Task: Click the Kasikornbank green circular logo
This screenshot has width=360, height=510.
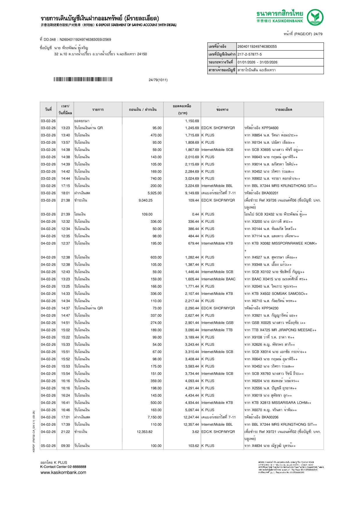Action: (x=315, y=17)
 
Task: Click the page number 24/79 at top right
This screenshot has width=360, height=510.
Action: (x=318, y=34)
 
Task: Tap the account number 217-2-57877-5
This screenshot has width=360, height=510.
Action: (x=250, y=54)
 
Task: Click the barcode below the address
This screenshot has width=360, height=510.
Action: (x=83, y=79)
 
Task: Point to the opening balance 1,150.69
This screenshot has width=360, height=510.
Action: (x=192, y=121)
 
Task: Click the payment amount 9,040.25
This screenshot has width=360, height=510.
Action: (x=145, y=200)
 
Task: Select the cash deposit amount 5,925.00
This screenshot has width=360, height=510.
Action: (x=154, y=193)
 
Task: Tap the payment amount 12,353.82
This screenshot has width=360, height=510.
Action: (x=144, y=432)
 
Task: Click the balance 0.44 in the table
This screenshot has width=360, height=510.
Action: (x=195, y=214)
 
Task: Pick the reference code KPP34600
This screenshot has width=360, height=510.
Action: (x=270, y=128)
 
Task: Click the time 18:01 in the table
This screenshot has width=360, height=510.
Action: (x=65, y=193)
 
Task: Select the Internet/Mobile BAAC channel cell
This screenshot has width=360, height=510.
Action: (x=218, y=279)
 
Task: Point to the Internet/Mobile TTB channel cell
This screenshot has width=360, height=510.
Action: (x=217, y=330)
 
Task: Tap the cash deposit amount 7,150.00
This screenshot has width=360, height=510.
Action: (x=154, y=417)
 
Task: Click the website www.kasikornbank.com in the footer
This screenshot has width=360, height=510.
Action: (x=63, y=472)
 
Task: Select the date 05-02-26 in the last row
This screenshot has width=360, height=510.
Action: (x=48, y=446)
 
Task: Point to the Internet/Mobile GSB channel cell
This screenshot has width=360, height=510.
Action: (x=217, y=323)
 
